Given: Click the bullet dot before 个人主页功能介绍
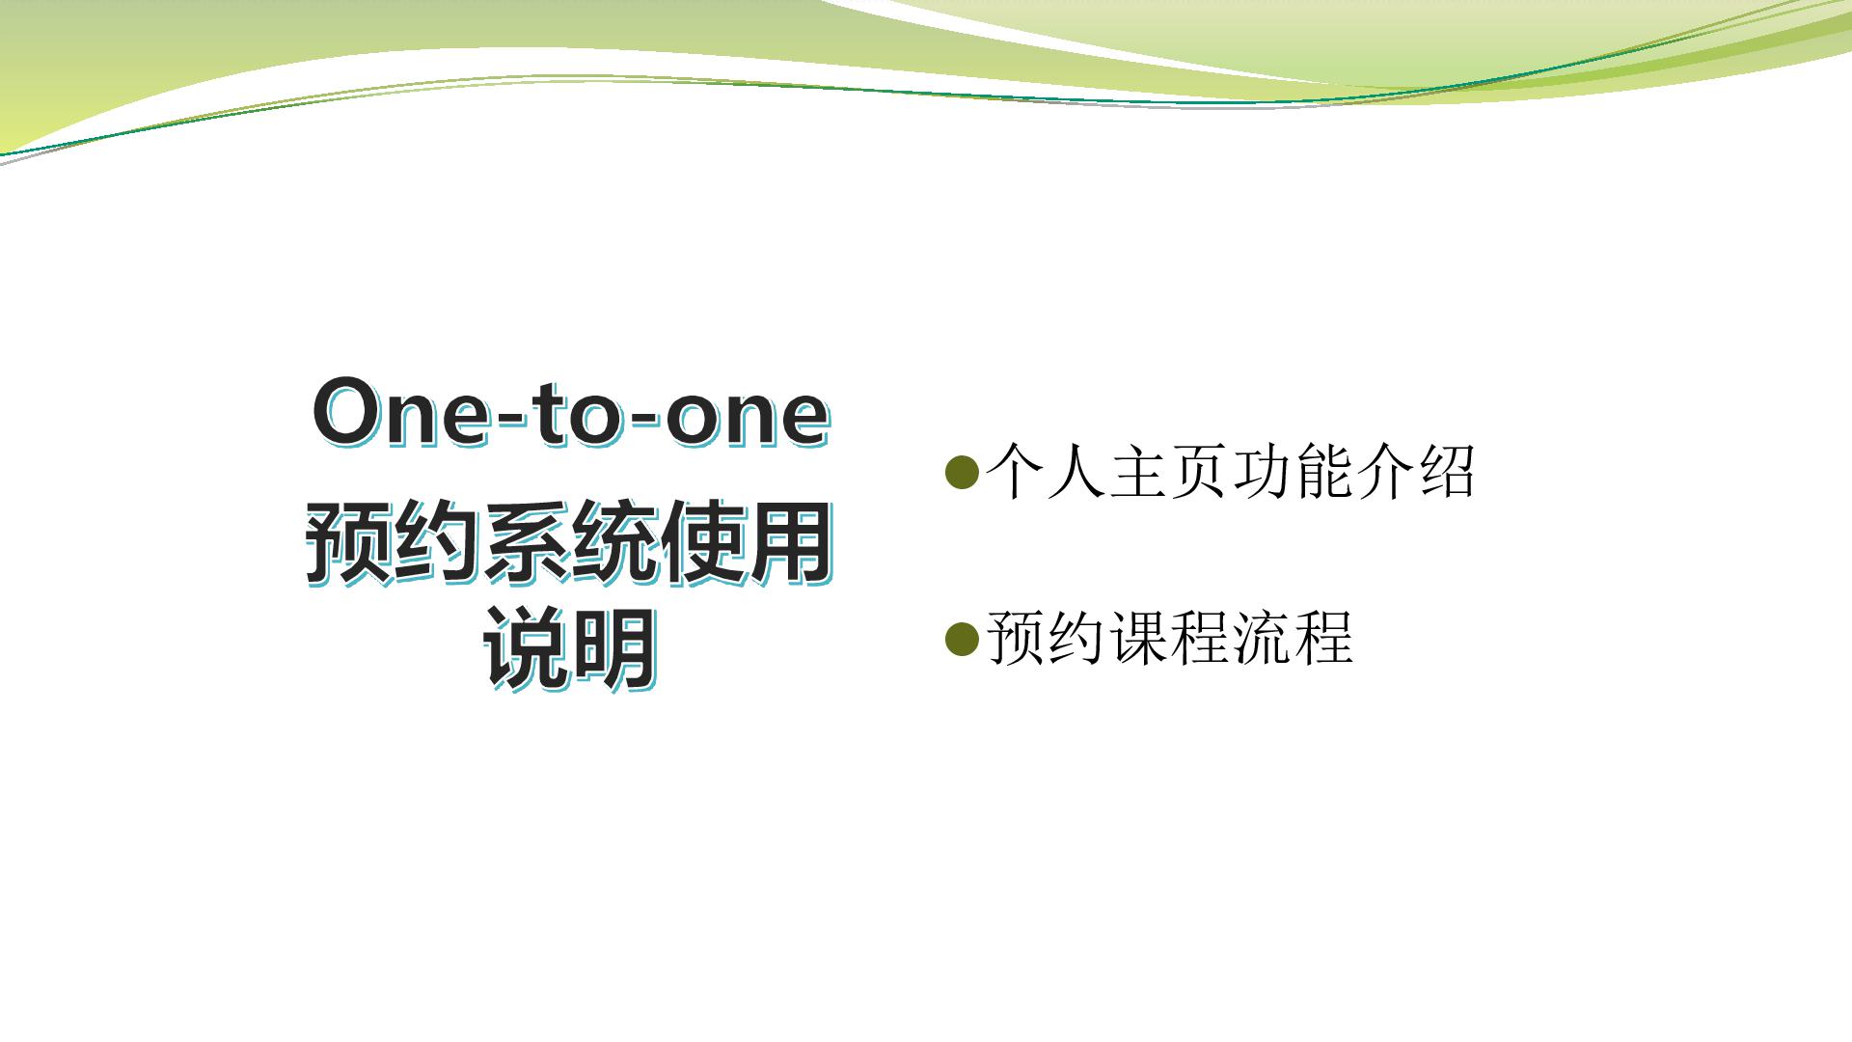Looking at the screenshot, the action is click(x=962, y=472).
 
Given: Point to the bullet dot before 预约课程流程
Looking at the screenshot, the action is click(x=962, y=639).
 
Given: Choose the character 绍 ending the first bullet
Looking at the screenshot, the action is click(x=1447, y=471).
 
